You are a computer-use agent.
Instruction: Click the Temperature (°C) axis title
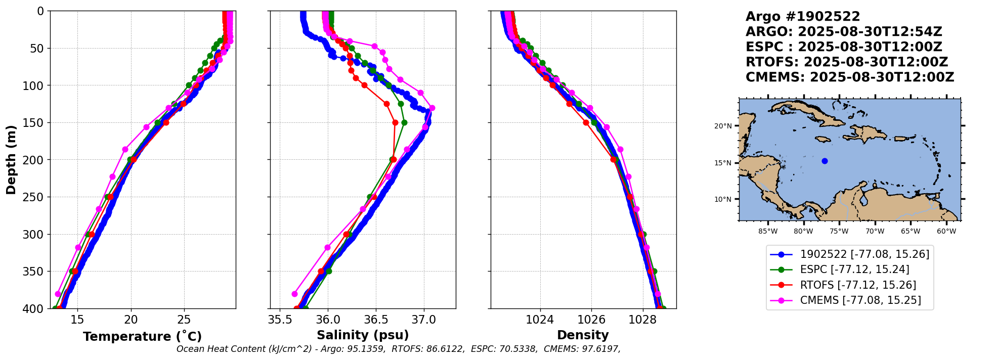pos(142,337)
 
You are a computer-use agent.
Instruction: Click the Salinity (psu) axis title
pos(363,335)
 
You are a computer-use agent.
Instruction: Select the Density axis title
pos(583,335)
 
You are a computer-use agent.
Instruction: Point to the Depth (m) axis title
pos(11,160)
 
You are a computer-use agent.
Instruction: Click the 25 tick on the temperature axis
pos(184,320)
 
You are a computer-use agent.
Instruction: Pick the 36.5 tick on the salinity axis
pos(376,320)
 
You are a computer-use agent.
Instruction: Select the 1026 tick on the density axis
pos(591,320)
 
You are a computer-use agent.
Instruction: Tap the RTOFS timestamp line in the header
pos(846,62)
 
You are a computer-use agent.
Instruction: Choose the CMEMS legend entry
pos(860,300)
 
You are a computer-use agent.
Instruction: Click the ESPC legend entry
pos(854,269)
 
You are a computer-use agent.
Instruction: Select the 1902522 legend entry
pos(864,254)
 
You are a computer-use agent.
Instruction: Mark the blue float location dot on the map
pos(825,161)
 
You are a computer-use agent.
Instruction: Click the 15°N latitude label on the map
pos(723,163)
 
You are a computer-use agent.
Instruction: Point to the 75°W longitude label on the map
pos(839,232)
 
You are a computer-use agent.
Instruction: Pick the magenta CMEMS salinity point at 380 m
pos(295,294)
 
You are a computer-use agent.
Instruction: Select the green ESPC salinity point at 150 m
pos(404,122)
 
